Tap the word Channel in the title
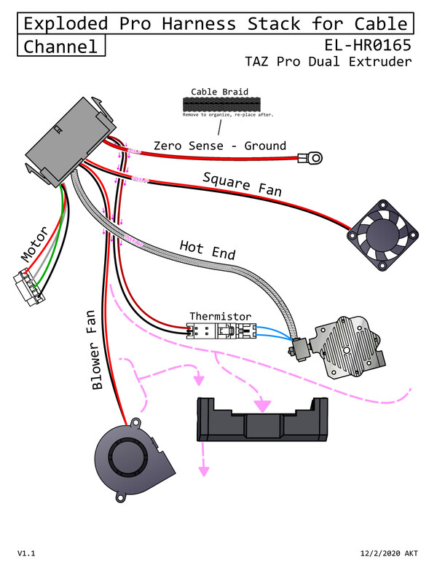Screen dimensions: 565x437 click(61, 47)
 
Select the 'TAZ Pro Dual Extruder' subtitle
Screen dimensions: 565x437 click(328, 61)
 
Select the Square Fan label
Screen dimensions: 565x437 click(242, 186)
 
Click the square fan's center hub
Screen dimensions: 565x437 click(384, 235)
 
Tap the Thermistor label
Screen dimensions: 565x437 click(221, 317)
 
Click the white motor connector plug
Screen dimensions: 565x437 click(26, 287)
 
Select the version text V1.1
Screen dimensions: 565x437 click(26, 553)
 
